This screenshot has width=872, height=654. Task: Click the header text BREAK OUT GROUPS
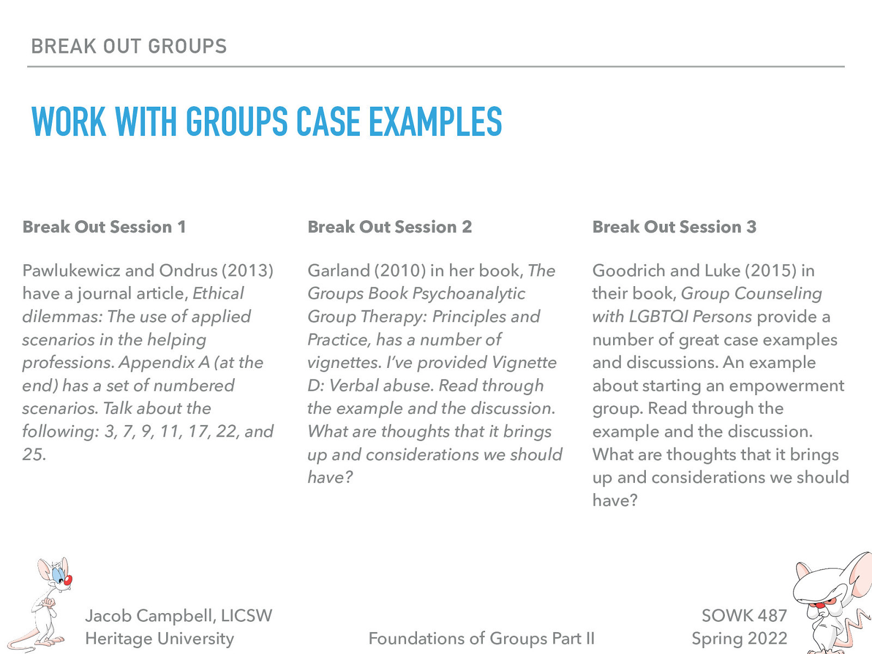point(129,46)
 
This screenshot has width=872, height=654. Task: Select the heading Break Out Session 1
point(104,227)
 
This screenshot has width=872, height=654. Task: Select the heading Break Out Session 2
point(390,227)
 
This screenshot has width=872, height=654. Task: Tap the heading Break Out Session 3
point(674,227)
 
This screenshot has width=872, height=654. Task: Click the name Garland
point(338,270)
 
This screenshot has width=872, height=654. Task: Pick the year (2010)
point(401,270)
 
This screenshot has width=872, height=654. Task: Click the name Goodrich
point(627,270)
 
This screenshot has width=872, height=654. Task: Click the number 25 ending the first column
point(33,455)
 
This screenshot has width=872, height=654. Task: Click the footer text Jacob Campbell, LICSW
point(178,615)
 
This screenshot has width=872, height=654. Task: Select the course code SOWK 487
point(744,615)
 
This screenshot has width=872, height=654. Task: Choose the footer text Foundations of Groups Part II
point(481,638)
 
